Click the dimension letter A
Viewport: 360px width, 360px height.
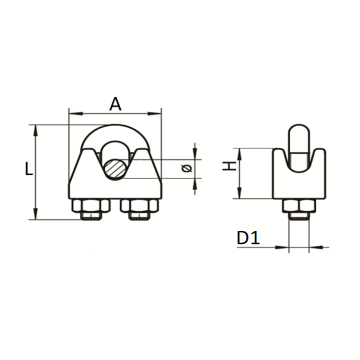click(x=115, y=104)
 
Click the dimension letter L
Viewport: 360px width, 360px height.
click(x=29, y=169)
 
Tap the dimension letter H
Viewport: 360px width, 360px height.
click(x=230, y=166)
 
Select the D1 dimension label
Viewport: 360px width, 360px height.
click(x=248, y=238)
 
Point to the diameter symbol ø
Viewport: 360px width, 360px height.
click(x=187, y=168)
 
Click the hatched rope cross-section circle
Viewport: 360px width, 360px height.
click(x=115, y=169)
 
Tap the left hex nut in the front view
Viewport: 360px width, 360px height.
click(x=91, y=206)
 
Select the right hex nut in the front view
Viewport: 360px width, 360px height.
click(x=139, y=206)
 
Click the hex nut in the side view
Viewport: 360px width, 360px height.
click(x=299, y=205)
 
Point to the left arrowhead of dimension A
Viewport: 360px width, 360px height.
click(x=75, y=113)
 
